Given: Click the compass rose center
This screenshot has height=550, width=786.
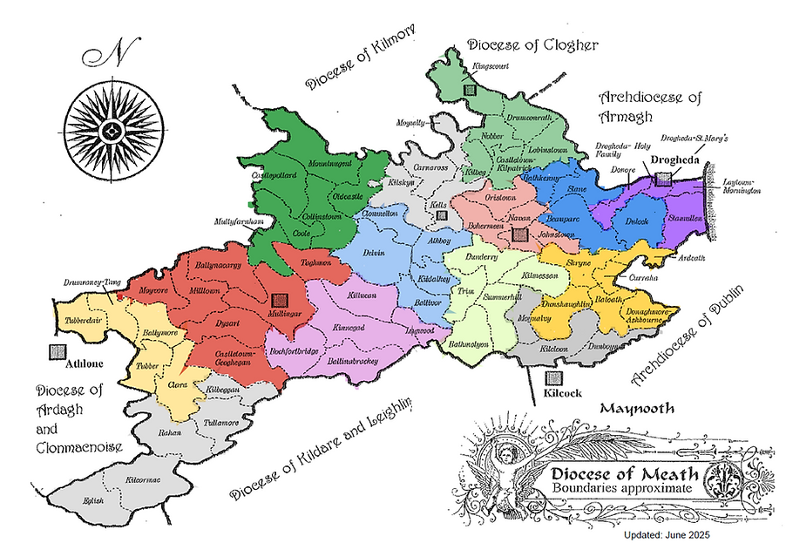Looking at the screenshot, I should pos(109,132).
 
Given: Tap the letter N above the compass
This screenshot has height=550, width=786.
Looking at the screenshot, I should pos(112,54).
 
